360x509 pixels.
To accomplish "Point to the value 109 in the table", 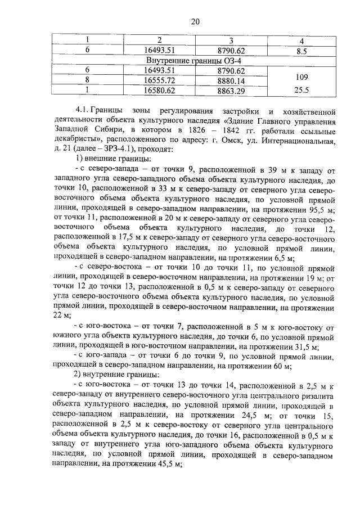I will pyautogui.click(x=301, y=75).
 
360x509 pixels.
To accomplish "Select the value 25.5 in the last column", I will pyautogui.click(x=301, y=89).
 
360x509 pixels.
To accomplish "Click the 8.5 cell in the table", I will pyautogui.click(x=301, y=51).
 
